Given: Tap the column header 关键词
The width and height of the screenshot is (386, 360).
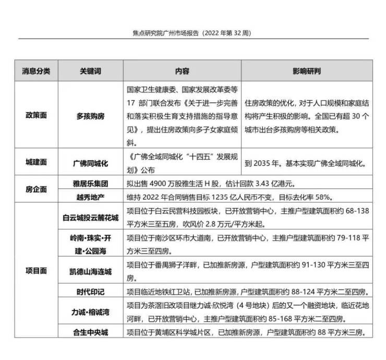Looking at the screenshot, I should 90,70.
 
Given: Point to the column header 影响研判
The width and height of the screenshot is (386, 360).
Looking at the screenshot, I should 307,70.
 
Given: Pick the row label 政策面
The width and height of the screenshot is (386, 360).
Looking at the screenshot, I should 36,116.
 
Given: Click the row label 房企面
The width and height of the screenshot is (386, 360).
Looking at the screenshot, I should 36,190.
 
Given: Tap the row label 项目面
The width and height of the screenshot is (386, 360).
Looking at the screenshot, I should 36,271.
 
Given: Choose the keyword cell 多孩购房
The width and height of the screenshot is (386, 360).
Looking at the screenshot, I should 90,116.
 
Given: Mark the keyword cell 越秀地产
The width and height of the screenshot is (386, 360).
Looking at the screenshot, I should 90,197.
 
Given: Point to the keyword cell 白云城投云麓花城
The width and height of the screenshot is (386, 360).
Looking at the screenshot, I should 90,217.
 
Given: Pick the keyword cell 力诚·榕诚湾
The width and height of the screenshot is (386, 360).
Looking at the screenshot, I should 90,311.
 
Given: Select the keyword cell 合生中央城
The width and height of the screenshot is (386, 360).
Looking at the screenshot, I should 90,332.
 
